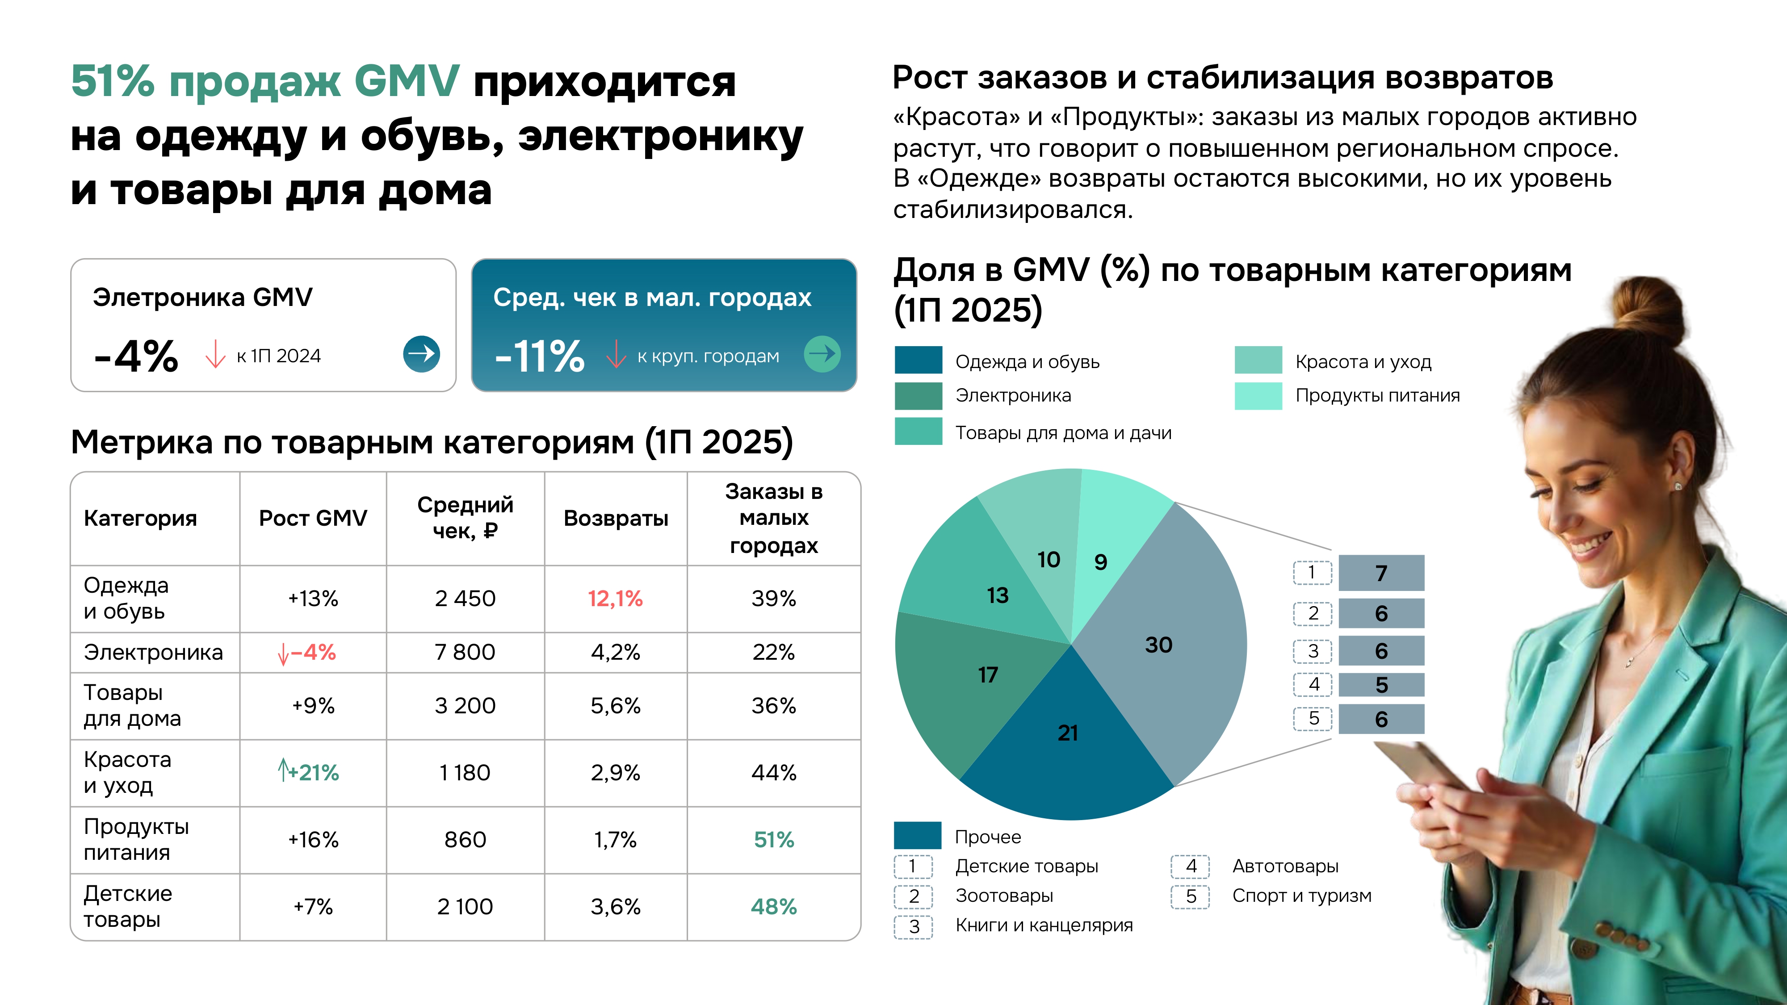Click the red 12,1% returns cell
pos(615,599)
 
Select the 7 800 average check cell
pos(465,652)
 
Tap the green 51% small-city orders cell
pos(773,840)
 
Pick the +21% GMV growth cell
pos(310,772)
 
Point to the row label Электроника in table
pos(153,653)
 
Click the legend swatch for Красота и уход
pos(1258,360)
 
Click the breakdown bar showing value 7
pos(1380,573)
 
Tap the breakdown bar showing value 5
pos(1380,685)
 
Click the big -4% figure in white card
pos(137,356)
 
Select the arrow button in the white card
pos(421,354)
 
